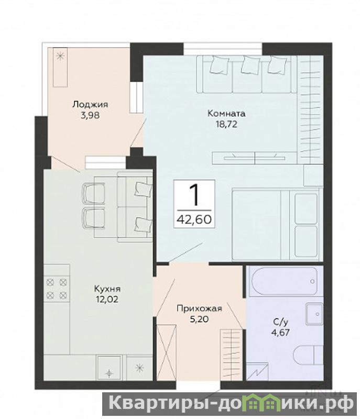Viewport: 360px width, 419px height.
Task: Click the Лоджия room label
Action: pos(90,104)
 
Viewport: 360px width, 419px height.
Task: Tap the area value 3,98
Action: pos(90,115)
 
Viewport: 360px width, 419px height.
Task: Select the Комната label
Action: pos(226,114)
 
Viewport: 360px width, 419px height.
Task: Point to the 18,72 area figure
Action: pos(226,124)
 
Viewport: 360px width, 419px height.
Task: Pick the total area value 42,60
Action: pos(194,219)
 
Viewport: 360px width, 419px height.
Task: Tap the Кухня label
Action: pos(107,289)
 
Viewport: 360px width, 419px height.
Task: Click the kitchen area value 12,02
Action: pos(107,299)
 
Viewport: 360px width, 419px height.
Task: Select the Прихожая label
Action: pos(199,308)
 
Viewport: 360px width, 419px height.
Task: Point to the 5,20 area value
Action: pos(199,319)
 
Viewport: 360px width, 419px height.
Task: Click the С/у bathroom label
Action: pos(281,322)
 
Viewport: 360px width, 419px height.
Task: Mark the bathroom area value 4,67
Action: pos(281,333)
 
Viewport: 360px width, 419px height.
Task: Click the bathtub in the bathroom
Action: pos(284,281)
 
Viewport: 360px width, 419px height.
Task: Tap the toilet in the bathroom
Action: pos(308,356)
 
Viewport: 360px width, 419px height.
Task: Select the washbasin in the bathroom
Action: pos(314,314)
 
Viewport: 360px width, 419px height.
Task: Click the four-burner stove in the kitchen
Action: pos(57,289)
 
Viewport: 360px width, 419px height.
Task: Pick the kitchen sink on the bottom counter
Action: pos(109,367)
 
